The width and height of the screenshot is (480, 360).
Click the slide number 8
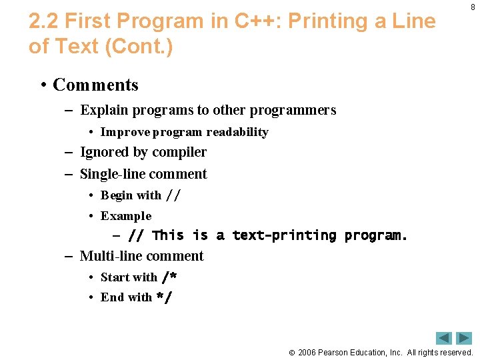click(x=473, y=7)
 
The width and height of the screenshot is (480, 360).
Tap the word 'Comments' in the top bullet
click(x=95, y=85)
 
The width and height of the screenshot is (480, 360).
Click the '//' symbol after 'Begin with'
click(x=173, y=195)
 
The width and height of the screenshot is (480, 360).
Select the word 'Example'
click(x=126, y=216)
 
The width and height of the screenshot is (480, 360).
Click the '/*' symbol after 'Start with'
click(x=169, y=277)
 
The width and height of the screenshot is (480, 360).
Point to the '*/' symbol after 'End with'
click(x=164, y=297)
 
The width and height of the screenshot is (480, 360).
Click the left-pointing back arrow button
click(x=444, y=338)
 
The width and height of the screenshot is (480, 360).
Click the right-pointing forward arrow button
click(x=464, y=338)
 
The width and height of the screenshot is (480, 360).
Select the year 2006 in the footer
click(x=307, y=352)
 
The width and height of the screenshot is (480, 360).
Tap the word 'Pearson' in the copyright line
click(x=334, y=352)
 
